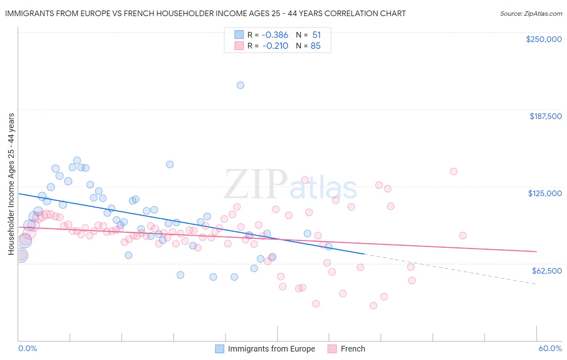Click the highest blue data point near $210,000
240,85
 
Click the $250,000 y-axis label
544,39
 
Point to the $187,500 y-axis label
545,116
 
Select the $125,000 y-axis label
545,193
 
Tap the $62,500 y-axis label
546,271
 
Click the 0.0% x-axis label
27,348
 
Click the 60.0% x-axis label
550,348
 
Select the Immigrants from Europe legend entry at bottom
271,349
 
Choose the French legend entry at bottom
352,349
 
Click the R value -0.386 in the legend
275,35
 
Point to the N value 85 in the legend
315,46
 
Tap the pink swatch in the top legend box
239,46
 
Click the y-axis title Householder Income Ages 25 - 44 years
11,184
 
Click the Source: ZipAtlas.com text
531,14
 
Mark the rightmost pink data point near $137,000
454,172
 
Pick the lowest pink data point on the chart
373,306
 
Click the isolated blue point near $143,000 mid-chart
170,164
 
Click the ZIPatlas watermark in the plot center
290,184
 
